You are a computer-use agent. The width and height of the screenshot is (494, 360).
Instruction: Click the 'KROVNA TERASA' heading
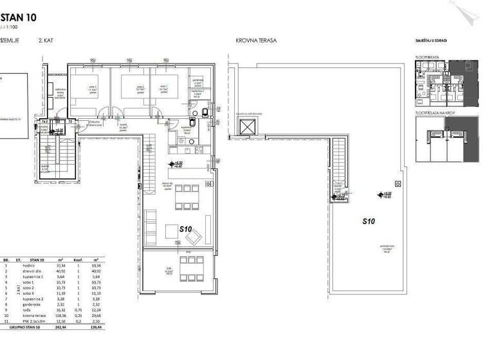coord(256,40)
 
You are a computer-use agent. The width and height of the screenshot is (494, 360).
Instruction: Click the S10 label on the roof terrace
coord(369,221)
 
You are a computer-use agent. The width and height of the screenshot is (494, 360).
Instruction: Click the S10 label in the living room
coord(186,229)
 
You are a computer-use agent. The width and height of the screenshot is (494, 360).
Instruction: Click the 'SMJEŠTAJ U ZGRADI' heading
coord(432,40)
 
